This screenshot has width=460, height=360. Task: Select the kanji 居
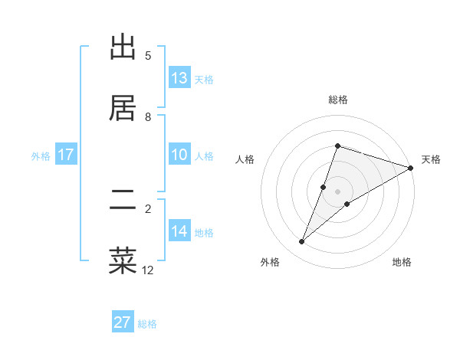coord(123,108)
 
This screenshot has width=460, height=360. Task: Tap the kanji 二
coord(123,199)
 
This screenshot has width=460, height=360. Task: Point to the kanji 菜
coord(123,260)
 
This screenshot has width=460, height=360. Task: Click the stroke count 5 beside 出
coord(148,56)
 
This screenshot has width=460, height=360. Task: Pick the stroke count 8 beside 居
coord(148,116)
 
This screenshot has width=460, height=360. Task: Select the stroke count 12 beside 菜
coord(148,270)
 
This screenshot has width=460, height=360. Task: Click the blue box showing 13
coord(179,78)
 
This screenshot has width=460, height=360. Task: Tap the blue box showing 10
coord(179,155)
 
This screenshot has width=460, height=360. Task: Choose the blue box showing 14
coord(179,231)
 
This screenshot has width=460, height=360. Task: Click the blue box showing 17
coord(66,155)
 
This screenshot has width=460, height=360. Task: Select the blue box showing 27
coord(123,322)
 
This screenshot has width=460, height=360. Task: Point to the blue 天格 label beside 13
coord(204,80)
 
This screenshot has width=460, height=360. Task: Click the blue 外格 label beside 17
coord(41,156)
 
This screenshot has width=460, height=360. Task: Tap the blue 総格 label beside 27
coord(147,324)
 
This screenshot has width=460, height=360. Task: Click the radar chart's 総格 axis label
coord(338,100)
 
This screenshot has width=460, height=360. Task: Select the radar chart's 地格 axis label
coord(402,263)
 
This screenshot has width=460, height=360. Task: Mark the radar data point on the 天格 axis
coord(411,168)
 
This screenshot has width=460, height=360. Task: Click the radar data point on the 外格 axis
coord(302,242)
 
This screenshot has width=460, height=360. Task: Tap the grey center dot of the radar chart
coord(338,191)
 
